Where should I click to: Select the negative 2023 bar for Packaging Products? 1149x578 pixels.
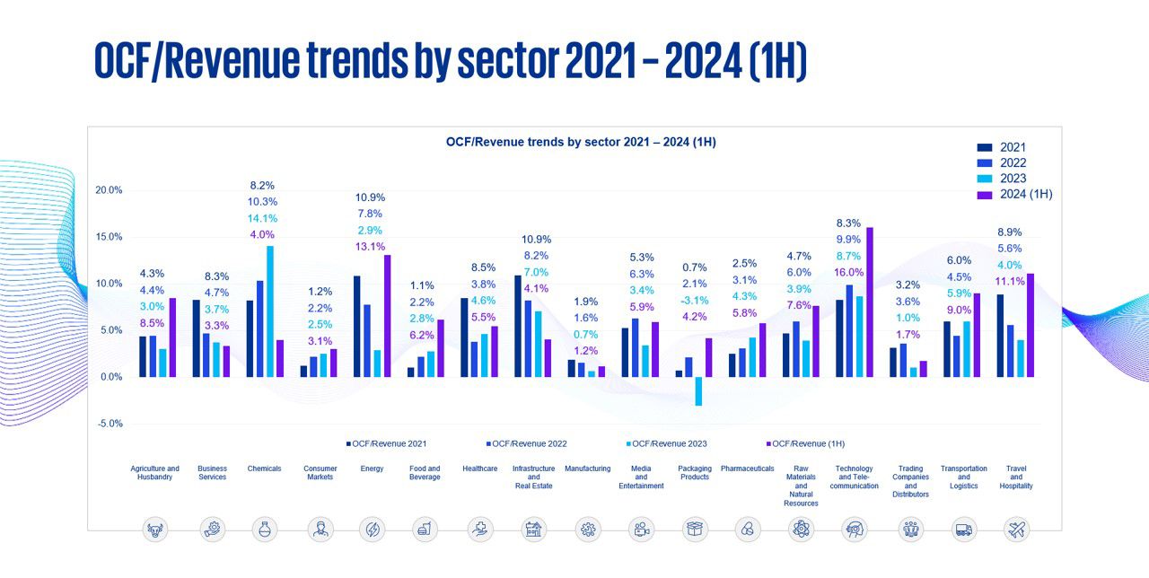click(697, 391)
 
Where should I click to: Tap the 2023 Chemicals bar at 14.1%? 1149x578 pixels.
click(269, 311)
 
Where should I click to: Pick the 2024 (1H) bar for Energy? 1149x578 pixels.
click(387, 315)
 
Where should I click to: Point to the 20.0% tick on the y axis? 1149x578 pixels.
click(109, 190)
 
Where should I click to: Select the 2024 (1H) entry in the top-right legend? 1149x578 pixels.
click(1025, 194)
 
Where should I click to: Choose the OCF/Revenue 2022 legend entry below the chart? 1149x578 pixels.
click(530, 443)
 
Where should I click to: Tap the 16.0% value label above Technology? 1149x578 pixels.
click(848, 272)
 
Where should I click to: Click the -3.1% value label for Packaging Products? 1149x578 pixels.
click(695, 300)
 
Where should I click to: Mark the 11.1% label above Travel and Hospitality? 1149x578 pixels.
click(1009, 281)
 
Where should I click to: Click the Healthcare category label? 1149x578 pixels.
click(479, 469)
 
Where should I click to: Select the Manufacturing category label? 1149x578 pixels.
click(587, 469)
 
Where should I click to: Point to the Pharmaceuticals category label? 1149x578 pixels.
click(747, 469)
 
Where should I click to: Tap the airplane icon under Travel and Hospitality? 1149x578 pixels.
click(1016, 530)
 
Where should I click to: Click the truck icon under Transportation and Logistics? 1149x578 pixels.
click(963, 530)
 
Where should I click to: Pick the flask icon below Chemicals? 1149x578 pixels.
click(264, 530)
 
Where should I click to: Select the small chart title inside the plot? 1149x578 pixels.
click(581, 142)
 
